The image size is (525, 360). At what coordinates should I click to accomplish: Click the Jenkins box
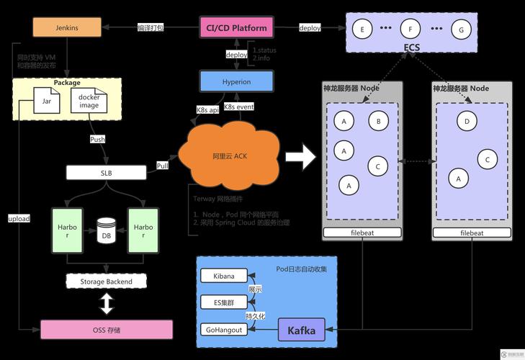pos(66,27)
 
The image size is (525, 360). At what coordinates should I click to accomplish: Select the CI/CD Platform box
pos(236,28)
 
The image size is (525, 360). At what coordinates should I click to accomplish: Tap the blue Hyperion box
pos(236,81)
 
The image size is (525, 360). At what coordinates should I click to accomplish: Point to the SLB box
pos(106,173)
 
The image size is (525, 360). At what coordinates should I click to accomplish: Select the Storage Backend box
pos(105,281)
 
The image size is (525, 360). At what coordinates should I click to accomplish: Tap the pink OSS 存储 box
pos(106,330)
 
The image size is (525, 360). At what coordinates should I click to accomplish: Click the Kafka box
pos(301,330)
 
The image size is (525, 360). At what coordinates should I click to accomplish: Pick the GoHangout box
pos(223,329)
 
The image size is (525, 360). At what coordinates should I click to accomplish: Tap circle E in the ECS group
pos(362,30)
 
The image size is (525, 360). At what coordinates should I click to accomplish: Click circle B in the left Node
pos(379,121)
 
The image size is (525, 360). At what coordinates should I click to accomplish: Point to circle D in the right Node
pos(467,121)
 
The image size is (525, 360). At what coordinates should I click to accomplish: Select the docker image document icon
pos(89,102)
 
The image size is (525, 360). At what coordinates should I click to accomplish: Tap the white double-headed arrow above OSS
pos(106,305)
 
